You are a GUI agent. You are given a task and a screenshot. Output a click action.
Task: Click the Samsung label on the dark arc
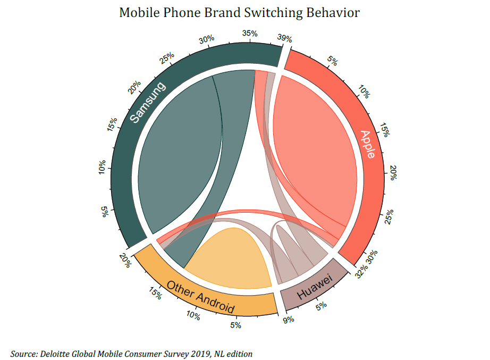(x=148, y=102)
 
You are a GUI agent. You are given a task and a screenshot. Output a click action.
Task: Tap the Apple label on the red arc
(x=367, y=144)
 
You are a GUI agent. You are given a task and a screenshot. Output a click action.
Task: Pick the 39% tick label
(x=285, y=38)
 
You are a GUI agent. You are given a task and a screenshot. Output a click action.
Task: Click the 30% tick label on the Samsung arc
(x=207, y=39)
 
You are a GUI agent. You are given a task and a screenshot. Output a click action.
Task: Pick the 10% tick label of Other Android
(x=193, y=316)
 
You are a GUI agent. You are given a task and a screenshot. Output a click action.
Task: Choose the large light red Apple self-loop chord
(x=314, y=154)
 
